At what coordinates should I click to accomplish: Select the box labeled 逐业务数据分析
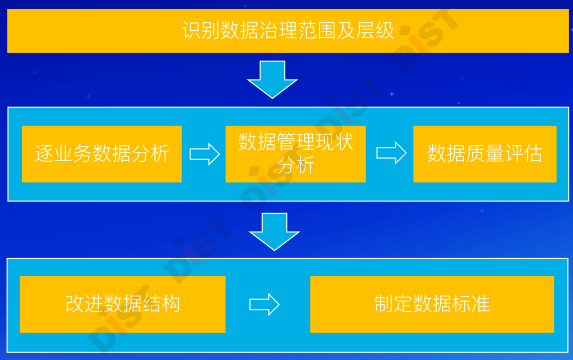click(102, 154)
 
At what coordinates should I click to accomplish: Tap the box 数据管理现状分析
click(296, 154)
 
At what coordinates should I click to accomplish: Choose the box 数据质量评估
click(485, 154)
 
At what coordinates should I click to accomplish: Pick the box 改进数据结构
click(123, 304)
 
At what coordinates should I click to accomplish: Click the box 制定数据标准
click(432, 304)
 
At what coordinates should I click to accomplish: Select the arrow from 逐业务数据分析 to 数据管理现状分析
click(204, 154)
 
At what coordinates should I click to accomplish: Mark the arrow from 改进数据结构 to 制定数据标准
click(264, 304)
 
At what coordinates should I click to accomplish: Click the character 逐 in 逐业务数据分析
click(44, 154)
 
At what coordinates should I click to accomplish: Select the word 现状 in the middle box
click(334, 142)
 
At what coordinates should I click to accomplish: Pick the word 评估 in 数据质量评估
click(523, 154)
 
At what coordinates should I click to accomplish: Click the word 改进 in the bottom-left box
click(84, 304)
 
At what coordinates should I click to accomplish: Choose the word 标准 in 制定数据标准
click(471, 304)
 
